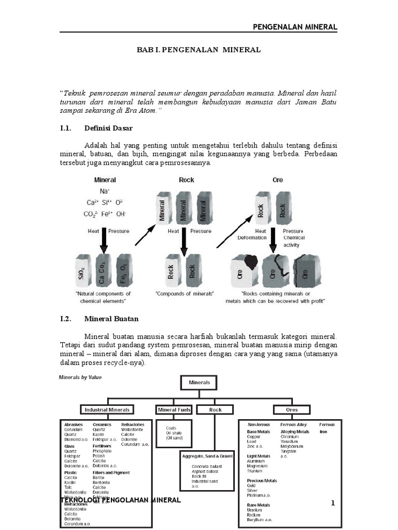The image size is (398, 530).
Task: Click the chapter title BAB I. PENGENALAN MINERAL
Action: pyautogui.click(x=198, y=50)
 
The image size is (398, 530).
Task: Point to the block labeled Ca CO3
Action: pyautogui.click(x=104, y=270)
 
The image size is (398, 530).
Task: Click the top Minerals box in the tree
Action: pyautogui.click(x=199, y=382)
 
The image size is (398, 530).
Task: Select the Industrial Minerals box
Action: pyautogui.click(x=107, y=409)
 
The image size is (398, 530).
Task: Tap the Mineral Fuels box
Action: pyautogui.click(x=174, y=409)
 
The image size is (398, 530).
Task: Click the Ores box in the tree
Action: pyautogui.click(x=292, y=409)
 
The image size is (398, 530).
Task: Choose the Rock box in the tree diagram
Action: pyautogui.click(x=215, y=409)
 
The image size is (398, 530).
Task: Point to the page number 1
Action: pyautogui.click(x=333, y=503)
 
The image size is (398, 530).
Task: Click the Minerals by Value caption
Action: pyautogui.click(x=79, y=377)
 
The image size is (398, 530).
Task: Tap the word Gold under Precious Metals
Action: pyautogui.click(x=251, y=486)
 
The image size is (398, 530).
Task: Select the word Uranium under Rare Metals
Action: pyautogui.click(x=254, y=510)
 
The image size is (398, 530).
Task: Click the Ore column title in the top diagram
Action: pyautogui.click(x=278, y=180)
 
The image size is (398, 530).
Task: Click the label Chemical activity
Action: pyautogui.click(x=294, y=241)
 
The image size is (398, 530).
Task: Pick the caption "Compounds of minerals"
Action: pyautogui.click(x=185, y=293)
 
